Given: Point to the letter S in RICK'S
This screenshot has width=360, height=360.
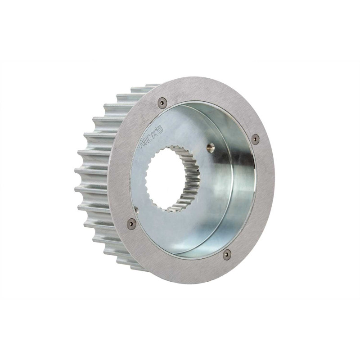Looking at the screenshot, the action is (x=160, y=130).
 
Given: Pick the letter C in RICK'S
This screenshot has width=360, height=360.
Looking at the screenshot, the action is (x=150, y=139).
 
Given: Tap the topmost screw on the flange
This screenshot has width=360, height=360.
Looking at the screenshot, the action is (x=162, y=103).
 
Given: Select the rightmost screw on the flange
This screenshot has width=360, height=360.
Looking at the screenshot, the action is (x=255, y=139).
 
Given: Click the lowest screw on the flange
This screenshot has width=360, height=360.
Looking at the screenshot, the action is (x=227, y=253).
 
